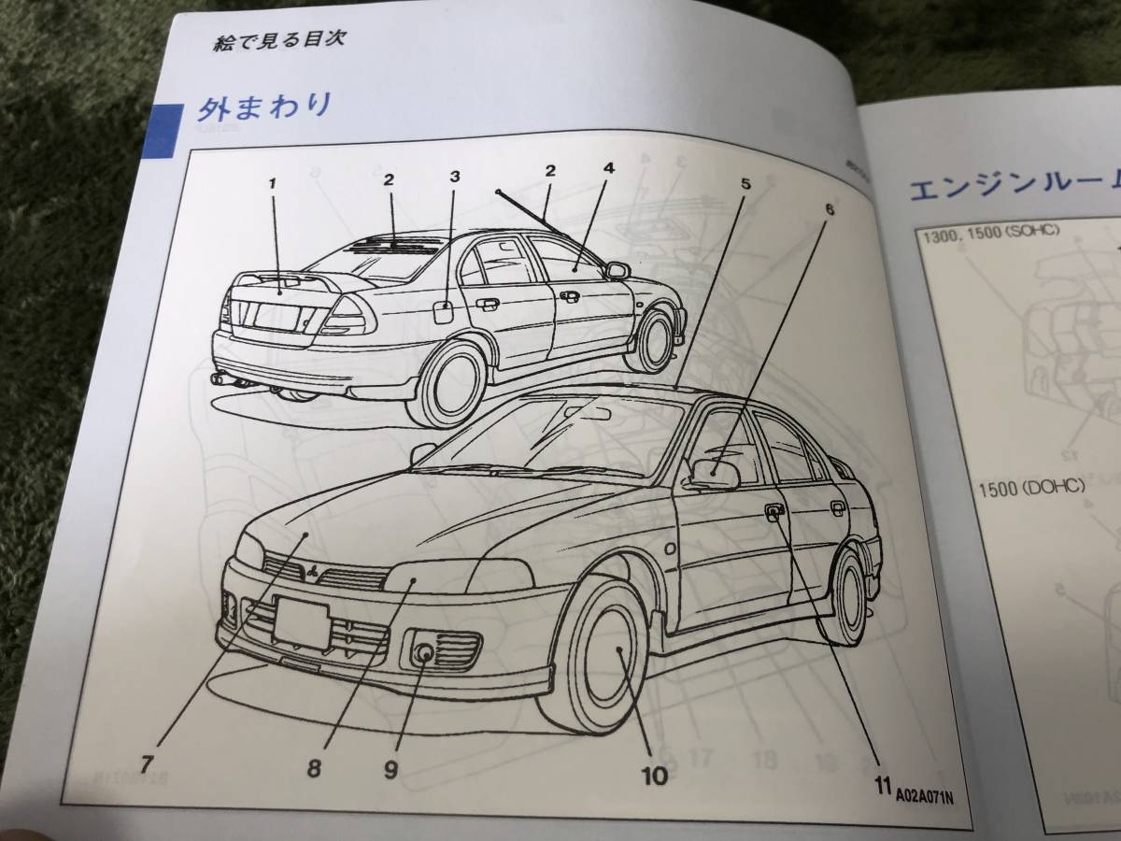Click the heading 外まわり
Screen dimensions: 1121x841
tap(263, 107)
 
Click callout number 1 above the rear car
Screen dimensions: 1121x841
tap(273, 183)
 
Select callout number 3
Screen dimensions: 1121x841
tap(454, 176)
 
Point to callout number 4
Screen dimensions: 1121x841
tap(608, 169)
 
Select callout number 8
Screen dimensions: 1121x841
tap(313, 769)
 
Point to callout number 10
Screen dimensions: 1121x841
tap(654, 776)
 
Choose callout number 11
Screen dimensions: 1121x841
tap(880, 785)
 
